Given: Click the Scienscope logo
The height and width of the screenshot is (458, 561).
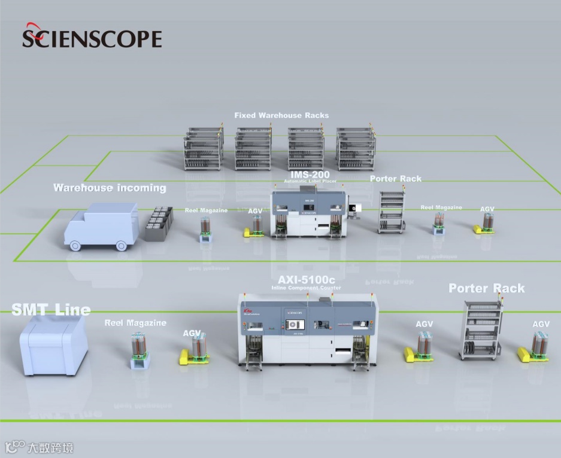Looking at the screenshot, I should coord(92,37).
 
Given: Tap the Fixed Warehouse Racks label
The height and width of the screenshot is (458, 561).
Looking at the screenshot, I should coord(281,115).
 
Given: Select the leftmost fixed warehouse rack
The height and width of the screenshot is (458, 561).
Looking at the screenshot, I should coord(203,149).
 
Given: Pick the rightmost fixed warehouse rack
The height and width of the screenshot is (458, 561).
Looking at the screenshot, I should coord(356,148).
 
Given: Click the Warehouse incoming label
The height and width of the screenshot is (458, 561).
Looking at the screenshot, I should coord(110,188).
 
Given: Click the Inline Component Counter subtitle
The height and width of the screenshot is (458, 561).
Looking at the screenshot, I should coord(306,288).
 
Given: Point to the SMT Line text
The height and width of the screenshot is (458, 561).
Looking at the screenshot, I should coord(51,310).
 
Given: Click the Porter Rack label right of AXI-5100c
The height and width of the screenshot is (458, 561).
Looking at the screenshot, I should coord(486,288).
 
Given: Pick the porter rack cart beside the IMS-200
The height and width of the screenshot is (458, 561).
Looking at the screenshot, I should coord(392,212).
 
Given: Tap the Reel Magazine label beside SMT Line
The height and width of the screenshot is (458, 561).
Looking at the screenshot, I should coord(135,323).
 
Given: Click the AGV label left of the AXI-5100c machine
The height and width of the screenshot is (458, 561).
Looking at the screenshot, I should coord(192,333).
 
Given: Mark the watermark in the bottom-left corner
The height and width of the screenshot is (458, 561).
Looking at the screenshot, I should coord(40,447).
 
